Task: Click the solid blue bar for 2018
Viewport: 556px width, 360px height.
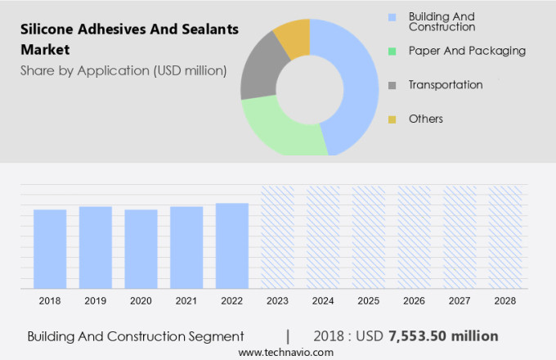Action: pyautogui.click(x=50, y=249)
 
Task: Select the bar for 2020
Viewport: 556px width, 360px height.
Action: pyautogui.click(x=141, y=249)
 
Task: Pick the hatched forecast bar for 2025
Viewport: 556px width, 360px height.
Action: pyautogui.click(x=368, y=236)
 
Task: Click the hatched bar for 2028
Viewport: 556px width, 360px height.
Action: pyautogui.click(x=504, y=236)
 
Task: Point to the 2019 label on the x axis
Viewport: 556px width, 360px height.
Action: pyautogui.click(x=95, y=301)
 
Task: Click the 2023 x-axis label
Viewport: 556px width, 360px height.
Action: pyautogui.click(x=277, y=301)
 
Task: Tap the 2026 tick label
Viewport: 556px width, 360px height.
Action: pyautogui.click(x=414, y=301)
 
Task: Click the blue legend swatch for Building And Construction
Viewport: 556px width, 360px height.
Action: pyautogui.click(x=392, y=16)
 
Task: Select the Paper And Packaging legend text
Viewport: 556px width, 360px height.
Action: pyautogui.click(x=466, y=51)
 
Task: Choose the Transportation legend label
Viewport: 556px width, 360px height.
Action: pyautogui.click(x=445, y=84)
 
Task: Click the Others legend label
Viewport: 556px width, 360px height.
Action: pyautogui.click(x=425, y=119)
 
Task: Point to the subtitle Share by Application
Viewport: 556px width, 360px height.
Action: pyautogui.click(x=123, y=70)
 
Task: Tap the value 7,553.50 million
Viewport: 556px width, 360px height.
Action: pyautogui.click(x=444, y=336)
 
